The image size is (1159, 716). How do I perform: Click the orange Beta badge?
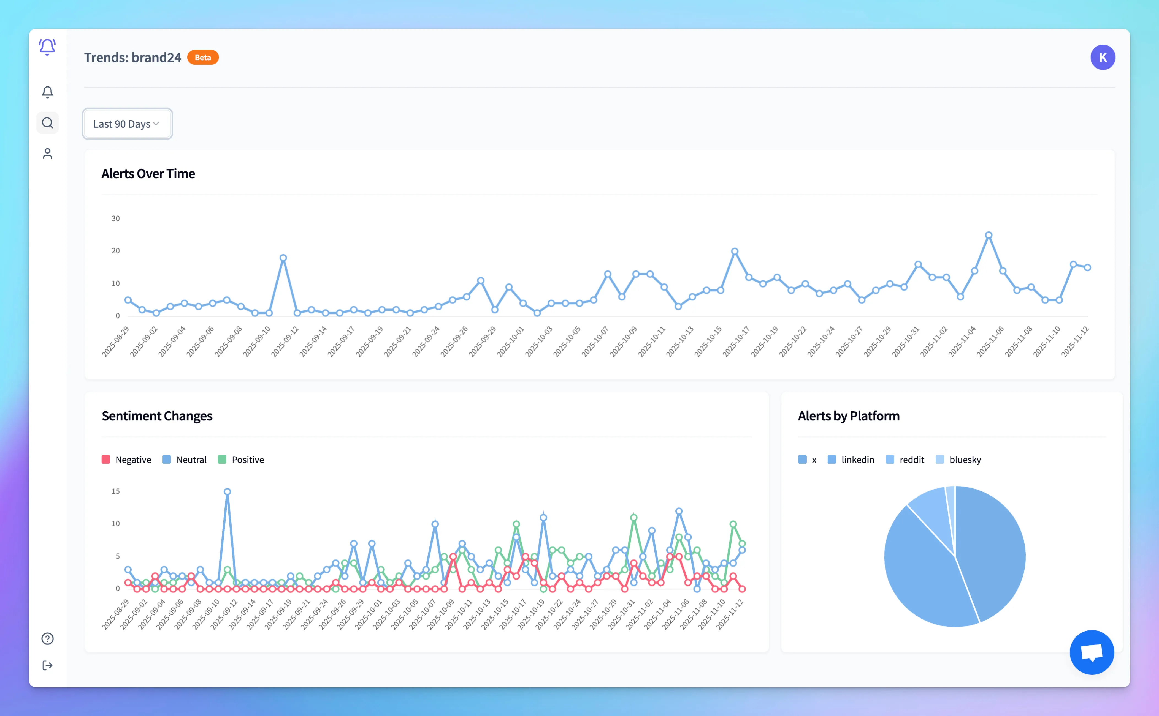point(202,57)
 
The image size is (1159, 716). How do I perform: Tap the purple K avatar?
point(1102,57)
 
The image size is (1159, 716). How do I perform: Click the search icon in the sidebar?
point(47,123)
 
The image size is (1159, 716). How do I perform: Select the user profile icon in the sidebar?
point(47,154)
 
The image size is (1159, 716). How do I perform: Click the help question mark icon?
point(47,638)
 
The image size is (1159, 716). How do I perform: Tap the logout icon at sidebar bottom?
point(47,665)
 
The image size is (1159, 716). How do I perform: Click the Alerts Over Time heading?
point(148,174)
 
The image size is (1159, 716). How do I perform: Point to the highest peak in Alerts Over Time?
point(989,235)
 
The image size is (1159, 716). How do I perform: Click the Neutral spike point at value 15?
point(228,491)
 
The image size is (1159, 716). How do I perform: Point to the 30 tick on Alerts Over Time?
point(116,218)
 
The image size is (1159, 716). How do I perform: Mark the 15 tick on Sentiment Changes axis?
point(116,491)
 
